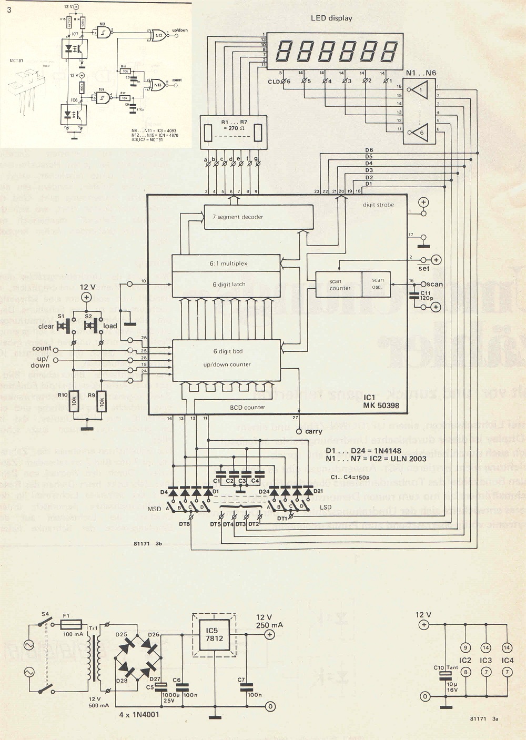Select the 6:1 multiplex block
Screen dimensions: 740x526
[226, 263]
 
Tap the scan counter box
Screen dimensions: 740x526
[339, 285]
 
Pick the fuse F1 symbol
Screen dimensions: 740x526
[70, 625]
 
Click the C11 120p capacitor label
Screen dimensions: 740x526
[426, 296]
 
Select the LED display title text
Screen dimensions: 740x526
[331, 18]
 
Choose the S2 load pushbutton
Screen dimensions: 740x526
[93, 326]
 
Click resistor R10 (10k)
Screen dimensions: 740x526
[74, 401]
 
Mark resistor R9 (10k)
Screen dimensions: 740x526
[102, 401]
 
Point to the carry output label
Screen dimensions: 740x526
[313, 431]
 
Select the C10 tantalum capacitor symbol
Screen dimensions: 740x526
[446, 674]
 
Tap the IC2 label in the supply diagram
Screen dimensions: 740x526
[465, 660]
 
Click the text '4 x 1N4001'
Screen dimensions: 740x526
[139, 714]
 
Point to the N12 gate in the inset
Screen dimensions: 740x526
[157, 35]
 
